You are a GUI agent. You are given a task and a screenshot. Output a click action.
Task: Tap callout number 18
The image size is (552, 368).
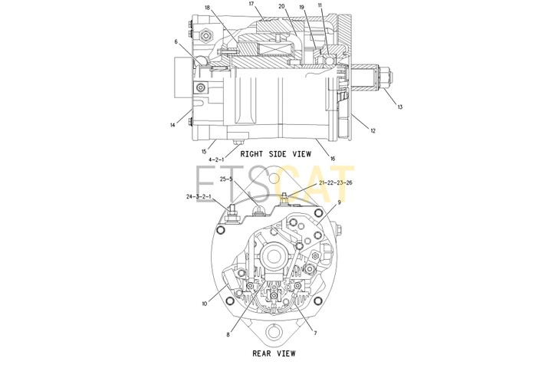coord(208,8)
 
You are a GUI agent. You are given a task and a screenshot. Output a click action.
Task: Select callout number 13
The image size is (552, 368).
coord(400,107)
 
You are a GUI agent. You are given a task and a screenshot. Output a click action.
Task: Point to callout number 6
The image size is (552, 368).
coord(176,42)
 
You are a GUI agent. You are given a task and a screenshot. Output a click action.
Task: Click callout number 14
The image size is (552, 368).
coord(172,125)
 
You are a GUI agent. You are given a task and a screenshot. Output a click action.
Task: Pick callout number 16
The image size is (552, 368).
coord(333,159)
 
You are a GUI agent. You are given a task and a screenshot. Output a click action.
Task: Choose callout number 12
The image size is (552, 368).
coord(373,130)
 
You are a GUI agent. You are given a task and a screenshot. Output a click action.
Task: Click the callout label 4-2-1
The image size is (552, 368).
coord(216,159)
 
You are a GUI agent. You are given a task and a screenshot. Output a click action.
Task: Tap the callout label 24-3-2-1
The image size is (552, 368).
coord(199,196)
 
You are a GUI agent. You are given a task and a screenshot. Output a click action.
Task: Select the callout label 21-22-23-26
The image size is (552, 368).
coord(336,182)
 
